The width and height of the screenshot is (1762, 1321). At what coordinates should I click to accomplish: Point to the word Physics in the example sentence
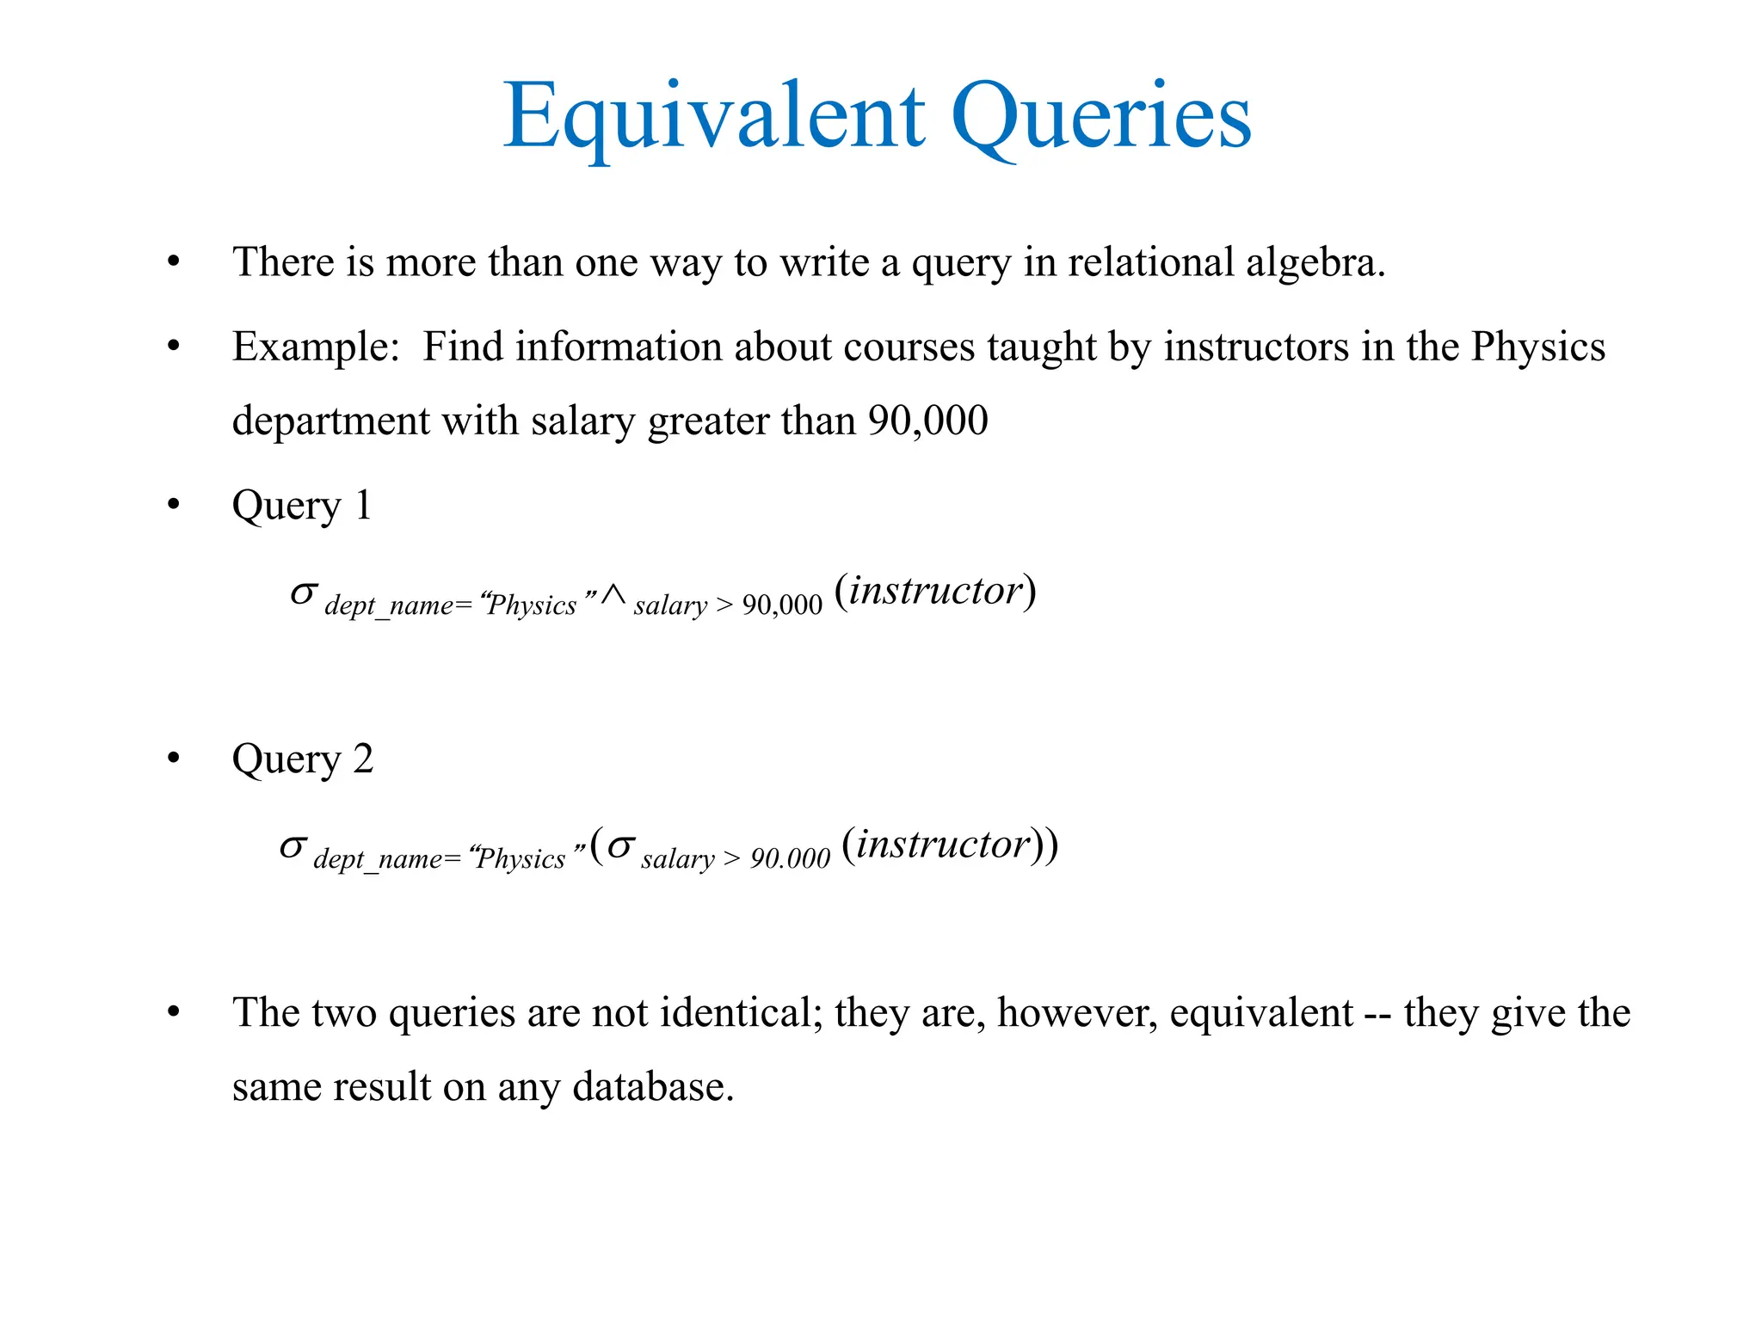pyautogui.click(x=1537, y=347)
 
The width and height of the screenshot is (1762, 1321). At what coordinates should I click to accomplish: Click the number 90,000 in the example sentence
pyautogui.click(x=927, y=421)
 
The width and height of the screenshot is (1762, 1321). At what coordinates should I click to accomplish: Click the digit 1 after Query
pyautogui.click(x=363, y=505)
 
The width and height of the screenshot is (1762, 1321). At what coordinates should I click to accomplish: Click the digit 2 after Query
pyautogui.click(x=363, y=759)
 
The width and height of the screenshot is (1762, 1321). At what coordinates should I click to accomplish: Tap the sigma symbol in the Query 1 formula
pyautogui.click(x=304, y=593)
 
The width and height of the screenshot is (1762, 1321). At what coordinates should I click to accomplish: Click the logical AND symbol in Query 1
pyautogui.click(x=613, y=595)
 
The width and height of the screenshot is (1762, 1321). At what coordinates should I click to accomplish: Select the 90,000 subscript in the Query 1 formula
pyautogui.click(x=782, y=605)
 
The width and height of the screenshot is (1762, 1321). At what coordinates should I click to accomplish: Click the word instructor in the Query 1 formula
pyautogui.click(x=936, y=591)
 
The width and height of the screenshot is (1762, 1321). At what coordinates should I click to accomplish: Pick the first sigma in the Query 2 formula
pyautogui.click(x=293, y=847)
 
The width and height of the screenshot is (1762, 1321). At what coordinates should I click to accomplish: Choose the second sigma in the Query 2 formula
pyautogui.click(x=620, y=847)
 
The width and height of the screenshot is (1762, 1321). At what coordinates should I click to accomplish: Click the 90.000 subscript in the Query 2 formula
pyautogui.click(x=790, y=858)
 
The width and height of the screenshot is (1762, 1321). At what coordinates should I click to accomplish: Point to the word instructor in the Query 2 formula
pyautogui.click(x=944, y=845)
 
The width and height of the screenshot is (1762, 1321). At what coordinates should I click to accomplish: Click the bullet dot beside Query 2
pyautogui.click(x=174, y=759)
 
